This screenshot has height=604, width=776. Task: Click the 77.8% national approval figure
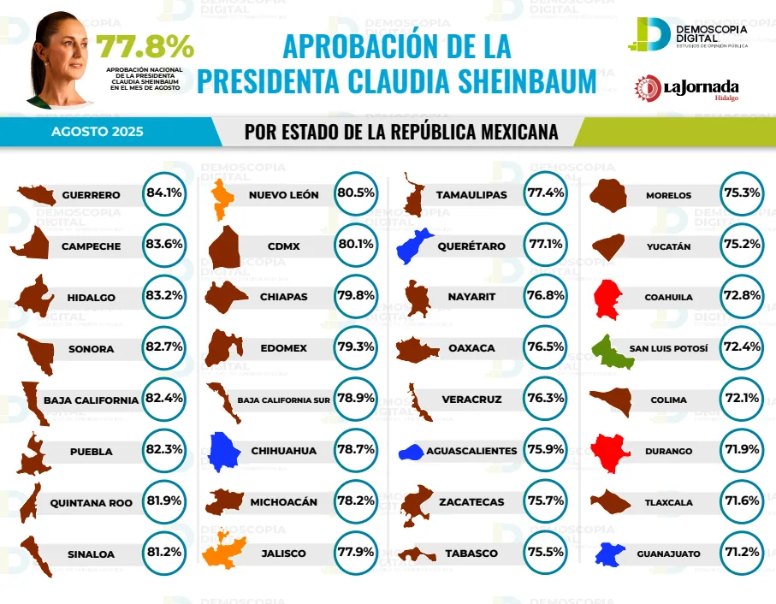(145, 47)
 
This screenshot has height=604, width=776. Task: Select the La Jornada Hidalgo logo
(686, 88)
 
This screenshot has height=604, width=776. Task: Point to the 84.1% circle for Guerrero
(164, 193)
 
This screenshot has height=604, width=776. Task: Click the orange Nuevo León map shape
(222, 197)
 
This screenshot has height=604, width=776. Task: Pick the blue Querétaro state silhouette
(414, 246)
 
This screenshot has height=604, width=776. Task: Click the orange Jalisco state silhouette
(226, 552)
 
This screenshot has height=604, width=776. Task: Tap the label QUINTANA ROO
(91, 502)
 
